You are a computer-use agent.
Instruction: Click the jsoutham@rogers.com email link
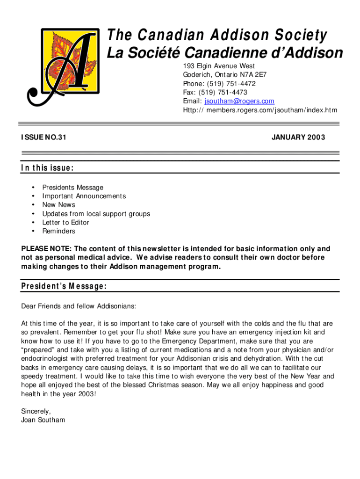239,101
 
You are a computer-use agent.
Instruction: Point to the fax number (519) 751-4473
228,93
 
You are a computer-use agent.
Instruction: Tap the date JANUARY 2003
298,138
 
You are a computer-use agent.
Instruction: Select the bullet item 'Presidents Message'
73,188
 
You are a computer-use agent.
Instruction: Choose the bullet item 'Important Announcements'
84,196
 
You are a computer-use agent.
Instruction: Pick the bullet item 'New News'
59,205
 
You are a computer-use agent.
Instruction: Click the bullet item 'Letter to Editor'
66,223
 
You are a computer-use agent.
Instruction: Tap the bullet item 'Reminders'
59,231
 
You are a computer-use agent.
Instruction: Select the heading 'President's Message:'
64,286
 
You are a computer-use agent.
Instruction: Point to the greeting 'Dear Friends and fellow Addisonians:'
79,306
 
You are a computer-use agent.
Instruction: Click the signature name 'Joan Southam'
43,420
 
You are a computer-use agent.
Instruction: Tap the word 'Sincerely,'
36,411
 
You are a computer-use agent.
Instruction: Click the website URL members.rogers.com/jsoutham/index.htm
271,110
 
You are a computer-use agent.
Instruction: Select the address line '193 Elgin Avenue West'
219,66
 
